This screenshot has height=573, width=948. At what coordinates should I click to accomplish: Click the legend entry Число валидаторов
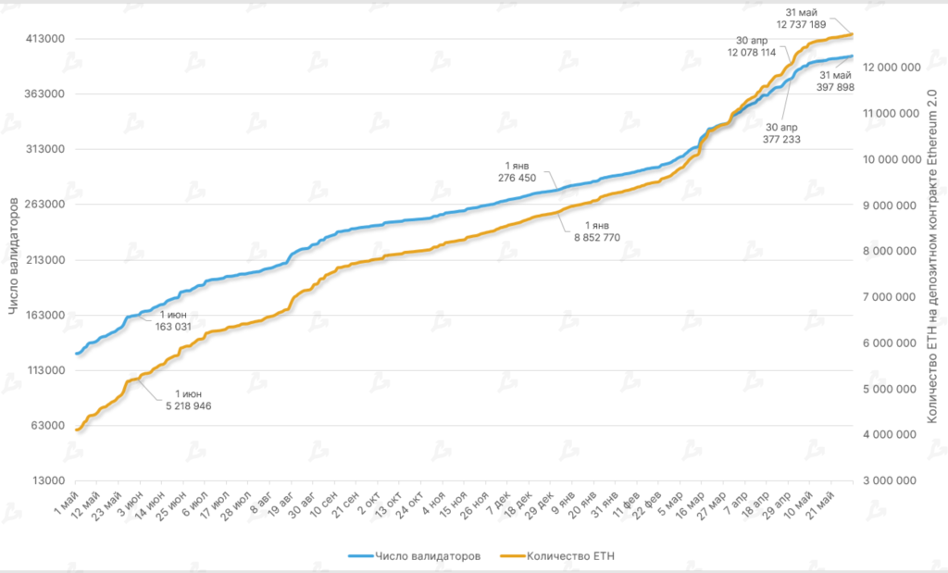pyautogui.click(x=427, y=556)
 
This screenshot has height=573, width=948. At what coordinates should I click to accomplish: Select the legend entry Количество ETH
pyautogui.click(x=570, y=556)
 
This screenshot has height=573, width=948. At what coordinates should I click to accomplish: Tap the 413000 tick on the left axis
pyautogui.click(x=43, y=39)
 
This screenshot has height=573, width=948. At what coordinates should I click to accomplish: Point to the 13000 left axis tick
pyautogui.click(x=45, y=481)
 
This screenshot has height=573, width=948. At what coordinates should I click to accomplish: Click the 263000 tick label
pyautogui.click(x=43, y=205)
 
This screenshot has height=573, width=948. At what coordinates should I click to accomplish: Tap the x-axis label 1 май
pyautogui.click(x=65, y=506)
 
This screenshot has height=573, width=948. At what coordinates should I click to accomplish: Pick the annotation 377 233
pyautogui.click(x=783, y=139)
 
